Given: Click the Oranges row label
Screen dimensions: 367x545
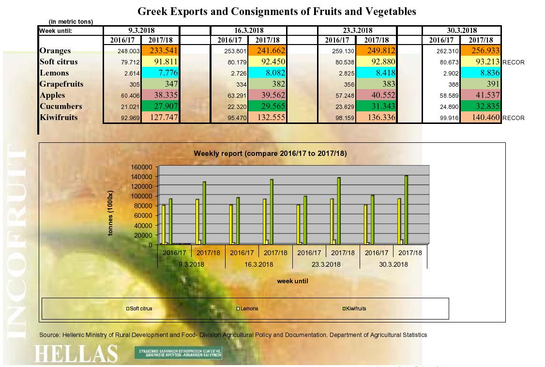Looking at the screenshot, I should (55, 51).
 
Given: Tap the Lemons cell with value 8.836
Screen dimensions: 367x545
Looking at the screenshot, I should (481, 73).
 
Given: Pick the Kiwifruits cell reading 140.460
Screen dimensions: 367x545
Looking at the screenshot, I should (481, 117).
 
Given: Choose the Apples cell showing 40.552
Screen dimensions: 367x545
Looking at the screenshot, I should (376, 95).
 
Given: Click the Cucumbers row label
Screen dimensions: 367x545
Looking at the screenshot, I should (61, 107).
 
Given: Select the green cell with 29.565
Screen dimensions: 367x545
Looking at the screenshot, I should (268, 107).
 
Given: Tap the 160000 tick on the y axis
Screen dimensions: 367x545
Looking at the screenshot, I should (141, 167).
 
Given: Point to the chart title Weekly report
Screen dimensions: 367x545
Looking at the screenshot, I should (270, 153).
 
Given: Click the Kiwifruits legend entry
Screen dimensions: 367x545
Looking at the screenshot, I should (356, 308).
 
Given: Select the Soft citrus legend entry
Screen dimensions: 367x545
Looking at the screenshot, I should (140, 308).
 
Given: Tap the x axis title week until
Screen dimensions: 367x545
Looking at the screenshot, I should (292, 281).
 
